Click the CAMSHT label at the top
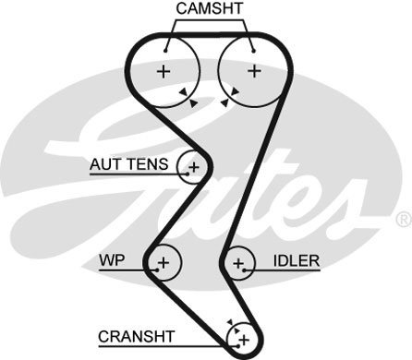tap(210, 8)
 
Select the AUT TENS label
tap(129, 164)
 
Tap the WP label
tap(112, 260)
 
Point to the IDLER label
tap(297, 261)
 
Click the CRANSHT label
tap(137, 337)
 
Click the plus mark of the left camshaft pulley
tap(164, 72)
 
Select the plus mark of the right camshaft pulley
tap(255, 71)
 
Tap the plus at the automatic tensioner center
tap(194, 168)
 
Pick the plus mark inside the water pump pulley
tap(164, 263)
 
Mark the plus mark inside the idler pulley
tap(238, 263)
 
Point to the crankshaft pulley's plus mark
tap(244, 341)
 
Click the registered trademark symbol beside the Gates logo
tap(404, 219)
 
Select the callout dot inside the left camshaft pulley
tap(165, 51)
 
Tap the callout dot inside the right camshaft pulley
tap(253, 51)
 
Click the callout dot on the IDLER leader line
tap(245, 270)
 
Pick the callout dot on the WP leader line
tap(157, 270)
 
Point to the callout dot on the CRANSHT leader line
tap(238, 346)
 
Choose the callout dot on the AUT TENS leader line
tap(188, 174)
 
